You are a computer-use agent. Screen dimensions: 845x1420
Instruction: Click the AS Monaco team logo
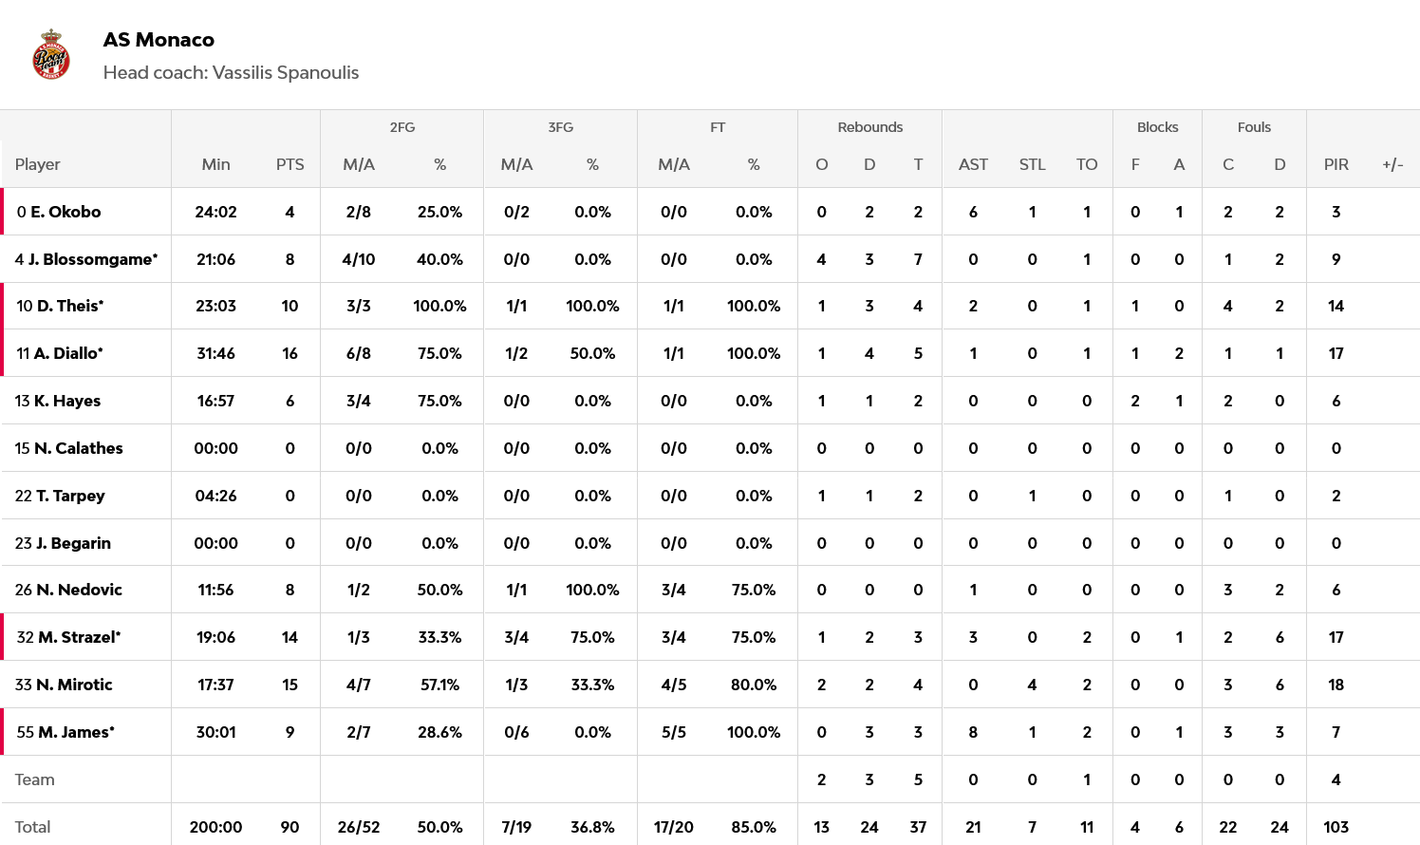[51, 55]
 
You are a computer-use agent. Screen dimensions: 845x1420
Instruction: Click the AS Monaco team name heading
[159, 40]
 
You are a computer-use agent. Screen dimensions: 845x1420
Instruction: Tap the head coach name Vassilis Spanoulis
[286, 73]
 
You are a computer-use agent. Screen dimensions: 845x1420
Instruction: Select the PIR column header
[1336, 164]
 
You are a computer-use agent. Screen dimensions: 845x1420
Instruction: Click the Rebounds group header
[869, 127]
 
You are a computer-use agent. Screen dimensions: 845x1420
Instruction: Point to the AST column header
[973, 164]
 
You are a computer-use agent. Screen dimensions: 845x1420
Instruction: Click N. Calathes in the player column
[78, 448]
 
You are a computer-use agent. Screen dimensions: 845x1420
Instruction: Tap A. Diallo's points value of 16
[290, 353]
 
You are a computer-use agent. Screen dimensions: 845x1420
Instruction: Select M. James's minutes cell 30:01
[215, 732]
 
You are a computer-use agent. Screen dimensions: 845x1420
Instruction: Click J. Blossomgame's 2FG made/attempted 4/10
[358, 259]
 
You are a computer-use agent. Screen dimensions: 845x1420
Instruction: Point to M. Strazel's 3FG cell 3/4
[516, 637]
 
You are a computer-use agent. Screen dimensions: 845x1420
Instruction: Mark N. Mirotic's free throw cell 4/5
[673, 685]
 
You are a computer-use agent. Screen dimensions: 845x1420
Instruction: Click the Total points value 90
[290, 827]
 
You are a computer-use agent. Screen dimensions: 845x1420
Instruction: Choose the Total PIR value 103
[1336, 827]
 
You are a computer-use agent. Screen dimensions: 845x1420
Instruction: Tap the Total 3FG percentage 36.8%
[592, 827]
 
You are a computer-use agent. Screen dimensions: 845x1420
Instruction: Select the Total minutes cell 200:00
[215, 827]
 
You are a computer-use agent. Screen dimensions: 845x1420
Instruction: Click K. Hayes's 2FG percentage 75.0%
[439, 401]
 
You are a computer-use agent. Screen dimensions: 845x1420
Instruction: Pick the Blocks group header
[1157, 127]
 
